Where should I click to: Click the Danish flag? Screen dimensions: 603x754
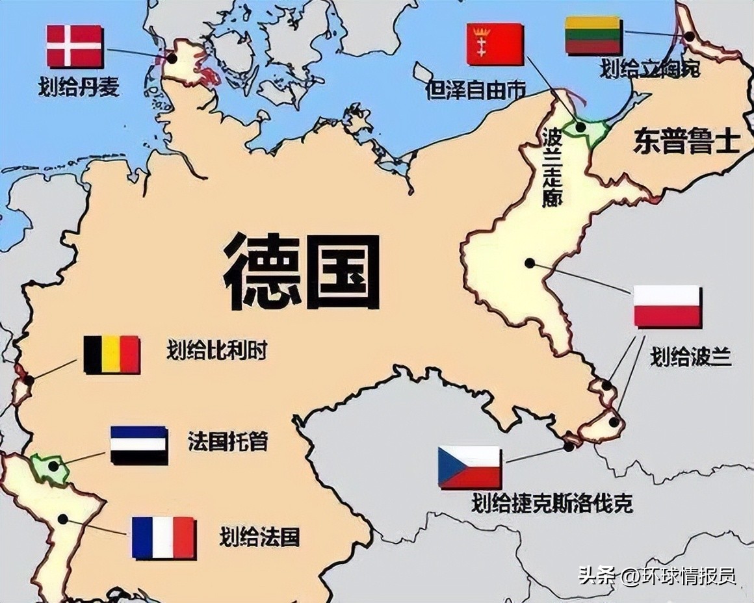[x=75, y=46]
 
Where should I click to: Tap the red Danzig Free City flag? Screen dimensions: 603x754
[x=495, y=44]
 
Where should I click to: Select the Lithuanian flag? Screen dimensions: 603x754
[x=593, y=35]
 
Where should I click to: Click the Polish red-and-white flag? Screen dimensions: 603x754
[x=667, y=306]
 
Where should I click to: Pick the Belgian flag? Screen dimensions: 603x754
[x=112, y=354]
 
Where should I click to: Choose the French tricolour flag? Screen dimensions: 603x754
[x=163, y=537]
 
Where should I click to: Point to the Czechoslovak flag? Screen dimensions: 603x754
[x=469, y=467]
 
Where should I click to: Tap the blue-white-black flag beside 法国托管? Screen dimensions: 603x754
[x=138, y=445]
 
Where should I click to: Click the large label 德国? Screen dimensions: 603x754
[x=302, y=272]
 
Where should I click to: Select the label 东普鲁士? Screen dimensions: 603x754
[x=686, y=142]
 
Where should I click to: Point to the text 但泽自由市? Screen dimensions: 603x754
[x=475, y=90]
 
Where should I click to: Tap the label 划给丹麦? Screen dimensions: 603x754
[x=79, y=86]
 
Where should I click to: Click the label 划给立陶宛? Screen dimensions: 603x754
[x=651, y=68]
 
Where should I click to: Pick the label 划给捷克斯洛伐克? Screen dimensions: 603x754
[x=552, y=503]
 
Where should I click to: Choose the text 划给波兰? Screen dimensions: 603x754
[x=691, y=356]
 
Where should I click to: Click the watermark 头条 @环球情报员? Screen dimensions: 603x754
[x=656, y=576]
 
